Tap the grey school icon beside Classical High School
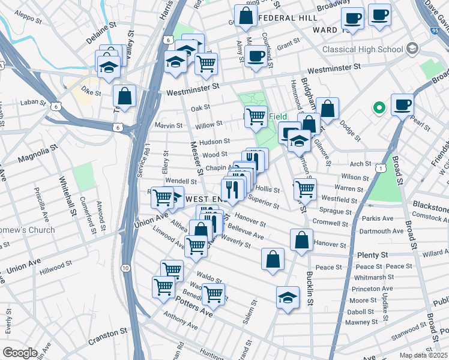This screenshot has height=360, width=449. point(412,47)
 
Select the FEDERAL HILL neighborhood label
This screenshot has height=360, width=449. point(288,18)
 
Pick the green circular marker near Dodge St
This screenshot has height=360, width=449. point(379,109)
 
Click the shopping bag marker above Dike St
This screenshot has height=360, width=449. point(124,96)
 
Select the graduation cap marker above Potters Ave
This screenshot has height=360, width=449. point(288,296)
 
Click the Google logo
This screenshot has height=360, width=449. point(20,353)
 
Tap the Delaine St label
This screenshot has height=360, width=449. point(100,27)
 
